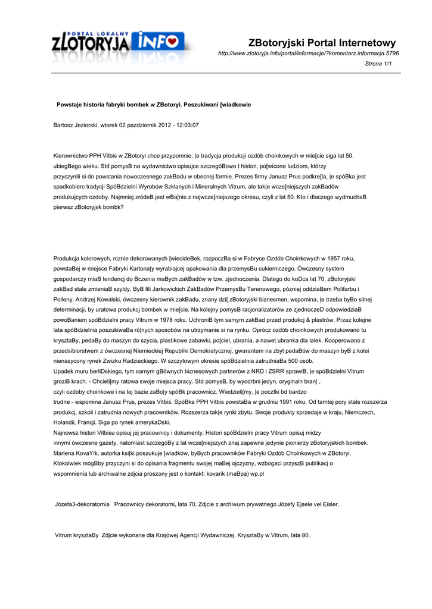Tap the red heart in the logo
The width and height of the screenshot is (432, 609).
[x=172, y=42]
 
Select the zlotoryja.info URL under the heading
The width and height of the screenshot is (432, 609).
[x=309, y=54]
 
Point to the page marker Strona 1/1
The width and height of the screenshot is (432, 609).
[x=378, y=64]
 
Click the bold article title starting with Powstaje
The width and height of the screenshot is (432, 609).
[x=154, y=105]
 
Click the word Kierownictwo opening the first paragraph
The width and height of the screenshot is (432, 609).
[x=72, y=155]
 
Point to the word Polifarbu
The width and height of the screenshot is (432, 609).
[x=346, y=289]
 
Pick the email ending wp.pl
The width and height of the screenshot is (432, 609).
[x=257, y=473]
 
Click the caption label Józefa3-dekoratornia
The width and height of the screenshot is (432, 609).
[x=82, y=504]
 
